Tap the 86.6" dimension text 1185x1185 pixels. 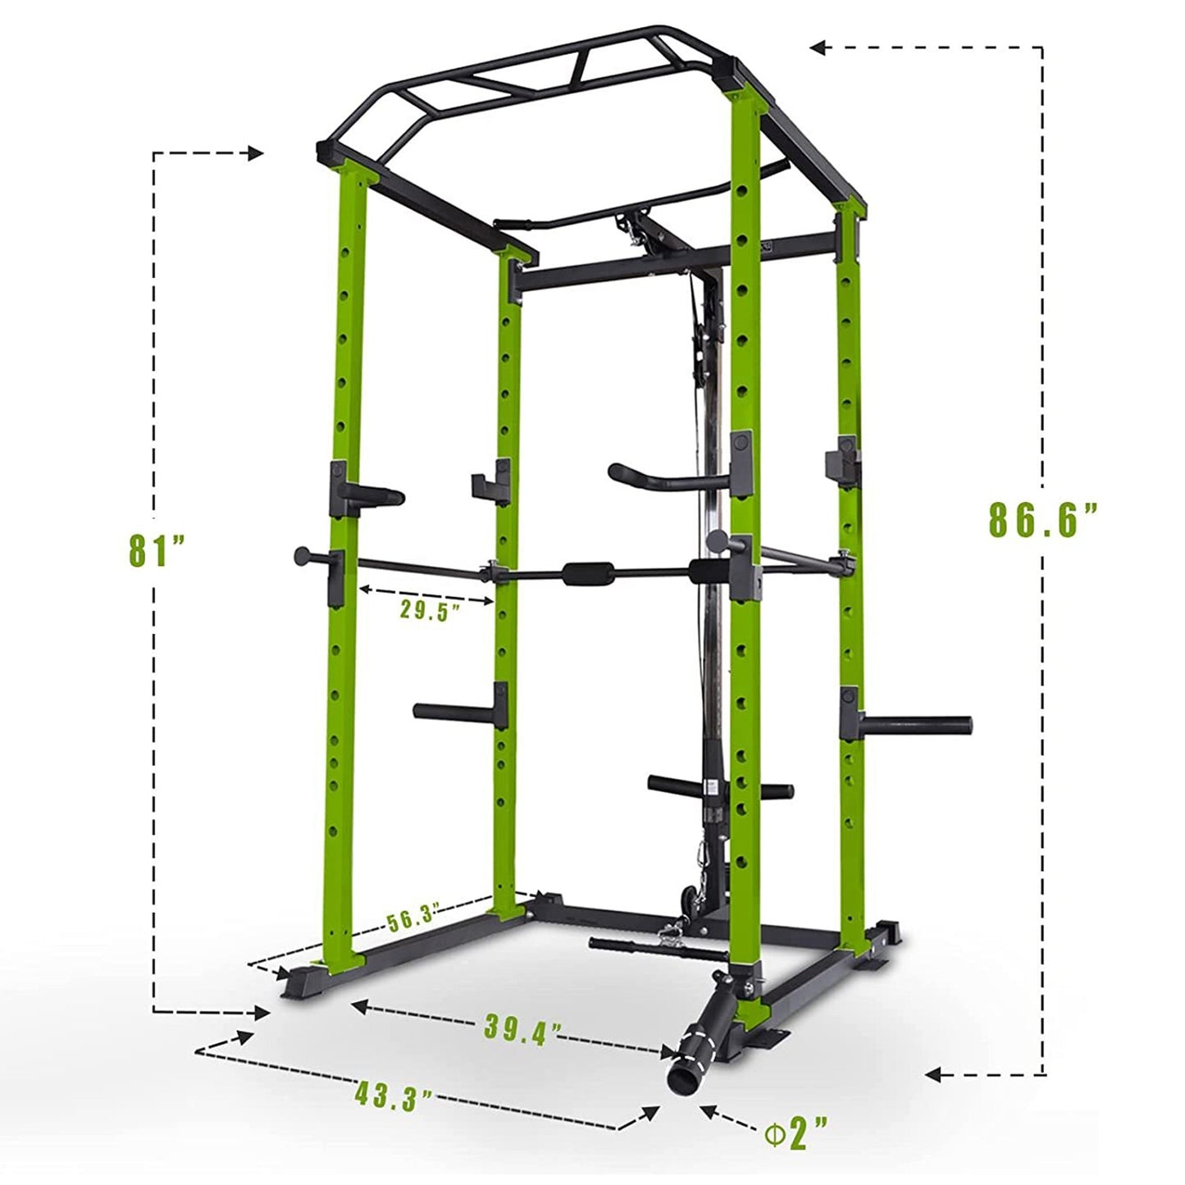coord(1042,520)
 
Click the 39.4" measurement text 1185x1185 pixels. coord(522,1027)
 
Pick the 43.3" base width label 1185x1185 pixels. coord(394,1096)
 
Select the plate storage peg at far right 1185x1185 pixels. coord(918,724)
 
